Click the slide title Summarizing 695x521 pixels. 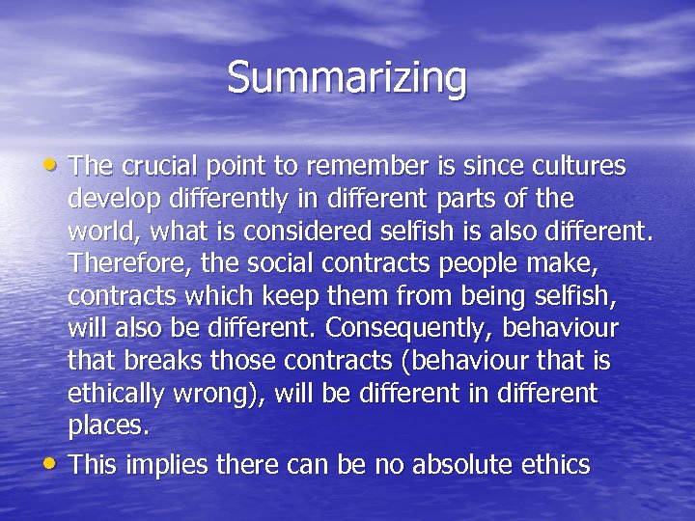(347, 78)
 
